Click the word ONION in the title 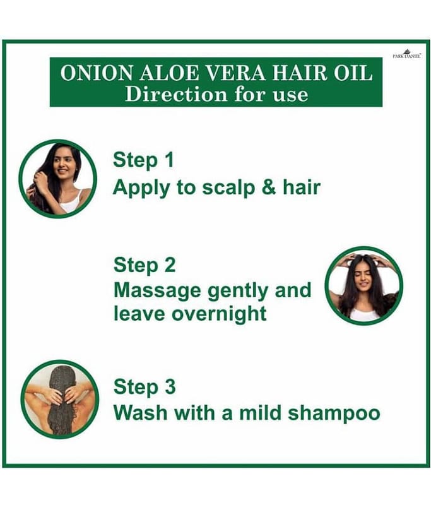pyautogui.click(x=97, y=73)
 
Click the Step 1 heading pyautogui.click(x=143, y=160)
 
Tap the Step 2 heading pyautogui.click(x=145, y=265)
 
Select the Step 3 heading pyautogui.click(x=145, y=387)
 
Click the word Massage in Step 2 pyautogui.click(x=157, y=291)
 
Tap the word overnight pyautogui.click(x=219, y=314)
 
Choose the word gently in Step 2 pyautogui.click(x=238, y=291)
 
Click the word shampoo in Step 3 pyautogui.click(x=334, y=413)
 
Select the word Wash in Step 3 pyautogui.click(x=140, y=412)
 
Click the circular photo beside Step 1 pyautogui.click(x=57, y=179)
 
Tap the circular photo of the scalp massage pyautogui.click(x=363, y=286)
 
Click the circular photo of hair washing pyautogui.click(x=59, y=400)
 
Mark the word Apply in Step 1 pyautogui.click(x=141, y=188)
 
